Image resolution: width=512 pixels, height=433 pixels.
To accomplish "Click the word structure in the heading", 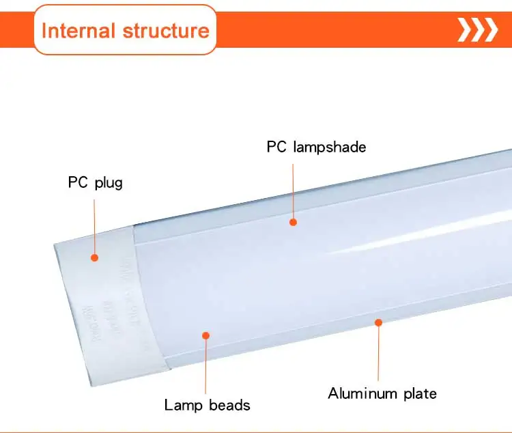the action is click(166, 30).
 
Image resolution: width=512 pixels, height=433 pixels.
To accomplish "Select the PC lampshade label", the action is click(316, 147).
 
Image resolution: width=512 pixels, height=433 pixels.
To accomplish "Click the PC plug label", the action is click(95, 182).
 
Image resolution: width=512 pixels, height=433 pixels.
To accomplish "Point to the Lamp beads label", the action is click(207, 405).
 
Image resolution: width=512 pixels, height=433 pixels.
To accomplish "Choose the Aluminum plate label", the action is click(382, 393).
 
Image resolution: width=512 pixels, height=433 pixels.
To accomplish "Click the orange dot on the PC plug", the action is click(95, 257).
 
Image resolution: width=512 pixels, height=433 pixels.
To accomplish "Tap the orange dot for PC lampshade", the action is click(293, 221).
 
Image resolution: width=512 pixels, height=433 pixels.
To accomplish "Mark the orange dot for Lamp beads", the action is click(205, 335).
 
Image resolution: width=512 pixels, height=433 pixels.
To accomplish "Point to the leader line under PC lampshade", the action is click(293, 188).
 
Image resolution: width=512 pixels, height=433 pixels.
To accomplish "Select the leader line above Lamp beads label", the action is click(205, 365).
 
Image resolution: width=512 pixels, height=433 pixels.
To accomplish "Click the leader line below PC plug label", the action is click(95, 222).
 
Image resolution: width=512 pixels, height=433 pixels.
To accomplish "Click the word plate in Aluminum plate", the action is click(418, 393).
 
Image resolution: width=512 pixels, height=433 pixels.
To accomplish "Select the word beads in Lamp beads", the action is click(228, 405).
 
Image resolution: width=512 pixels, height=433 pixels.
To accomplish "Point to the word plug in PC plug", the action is click(108, 183).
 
